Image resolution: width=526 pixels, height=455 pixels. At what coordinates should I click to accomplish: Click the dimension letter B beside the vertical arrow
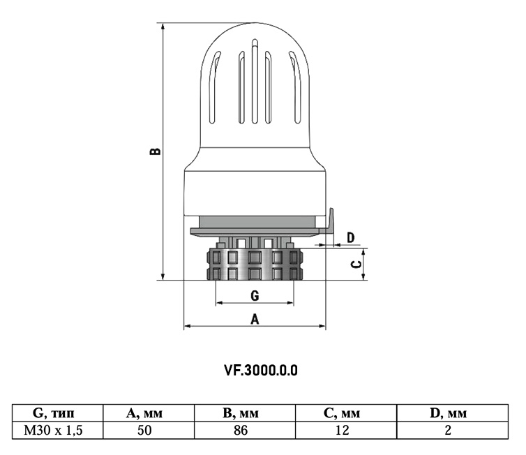(x=158, y=151)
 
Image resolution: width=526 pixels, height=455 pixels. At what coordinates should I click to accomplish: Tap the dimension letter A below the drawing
(x=255, y=319)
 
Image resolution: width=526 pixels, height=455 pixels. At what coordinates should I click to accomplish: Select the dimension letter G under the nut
(x=255, y=296)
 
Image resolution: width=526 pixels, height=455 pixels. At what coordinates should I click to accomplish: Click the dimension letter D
(x=351, y=238)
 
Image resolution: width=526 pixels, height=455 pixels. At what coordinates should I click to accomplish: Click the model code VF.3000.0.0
(x=261, y=370)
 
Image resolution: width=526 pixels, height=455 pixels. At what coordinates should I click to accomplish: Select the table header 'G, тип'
(x=59, y=413)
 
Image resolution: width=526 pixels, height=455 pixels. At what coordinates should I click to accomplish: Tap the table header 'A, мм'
(x=144, y=413)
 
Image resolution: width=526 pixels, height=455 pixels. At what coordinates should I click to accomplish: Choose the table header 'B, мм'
(x=241, y=413)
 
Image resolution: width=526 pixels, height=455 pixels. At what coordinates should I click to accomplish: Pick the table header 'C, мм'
(x=341, y=413)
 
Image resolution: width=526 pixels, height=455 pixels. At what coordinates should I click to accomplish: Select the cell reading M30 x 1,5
(x=59, y=430)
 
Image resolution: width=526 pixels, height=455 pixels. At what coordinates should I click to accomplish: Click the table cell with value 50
(x=144, y=430)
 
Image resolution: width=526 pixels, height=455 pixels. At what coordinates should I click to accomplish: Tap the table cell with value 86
(x=241, y=430)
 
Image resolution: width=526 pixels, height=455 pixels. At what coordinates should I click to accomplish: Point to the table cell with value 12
(x=341, y=430)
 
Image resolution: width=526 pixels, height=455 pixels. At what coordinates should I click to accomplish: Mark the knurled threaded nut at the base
(x=255, y=264)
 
